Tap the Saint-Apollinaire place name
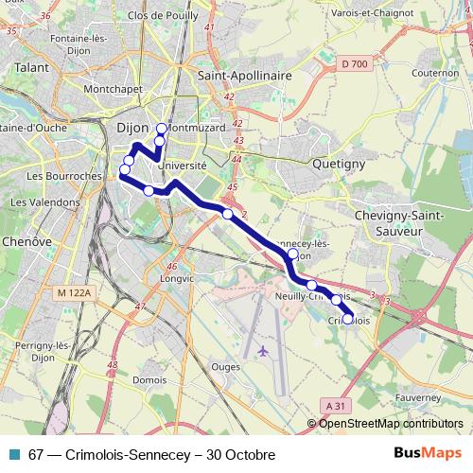coord(242,73)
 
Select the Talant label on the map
coord(30,68)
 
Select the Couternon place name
coord(435,73)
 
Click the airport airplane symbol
coord(263,351)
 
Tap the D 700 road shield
coord(353,63)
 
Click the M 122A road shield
coord(73,294)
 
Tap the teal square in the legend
coord(13,455)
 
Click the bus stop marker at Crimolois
coord(348,320)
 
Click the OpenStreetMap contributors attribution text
coord(391,424)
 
